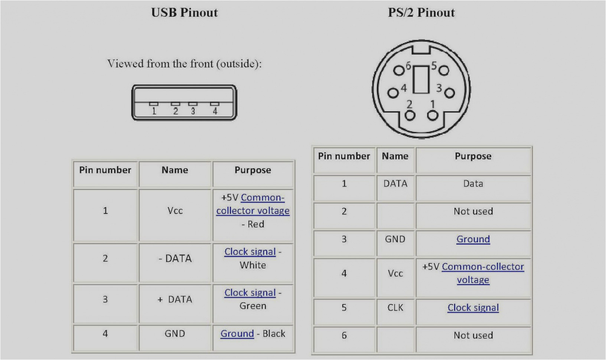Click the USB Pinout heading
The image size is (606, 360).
[184, 13]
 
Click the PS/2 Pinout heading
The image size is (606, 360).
[421, 13]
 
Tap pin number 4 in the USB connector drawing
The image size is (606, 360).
[215, 111]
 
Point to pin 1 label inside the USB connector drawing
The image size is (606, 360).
[154, 111]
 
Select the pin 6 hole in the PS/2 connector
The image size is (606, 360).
[398, 71]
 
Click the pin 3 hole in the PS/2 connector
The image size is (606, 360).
[449, 92]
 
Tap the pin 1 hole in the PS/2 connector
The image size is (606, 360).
[432, 116]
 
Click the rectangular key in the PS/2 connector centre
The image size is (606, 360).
[421, 79]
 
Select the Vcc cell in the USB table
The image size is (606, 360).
[175, 211]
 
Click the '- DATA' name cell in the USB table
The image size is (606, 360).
[175, 258]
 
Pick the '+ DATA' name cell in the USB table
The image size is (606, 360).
[175, 300]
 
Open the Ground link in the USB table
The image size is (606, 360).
[237, 334]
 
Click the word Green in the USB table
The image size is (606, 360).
[253, 306]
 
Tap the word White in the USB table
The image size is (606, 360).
[253, 265]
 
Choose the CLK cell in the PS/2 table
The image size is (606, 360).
[395, 308]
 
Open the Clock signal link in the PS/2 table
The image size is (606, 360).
[473, 308]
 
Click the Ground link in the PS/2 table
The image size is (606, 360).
[473, 239]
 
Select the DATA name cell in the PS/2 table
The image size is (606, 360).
[395, 184]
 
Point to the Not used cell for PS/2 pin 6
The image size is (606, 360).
[473, 336]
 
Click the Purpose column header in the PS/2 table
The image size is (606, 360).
[473, 156]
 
